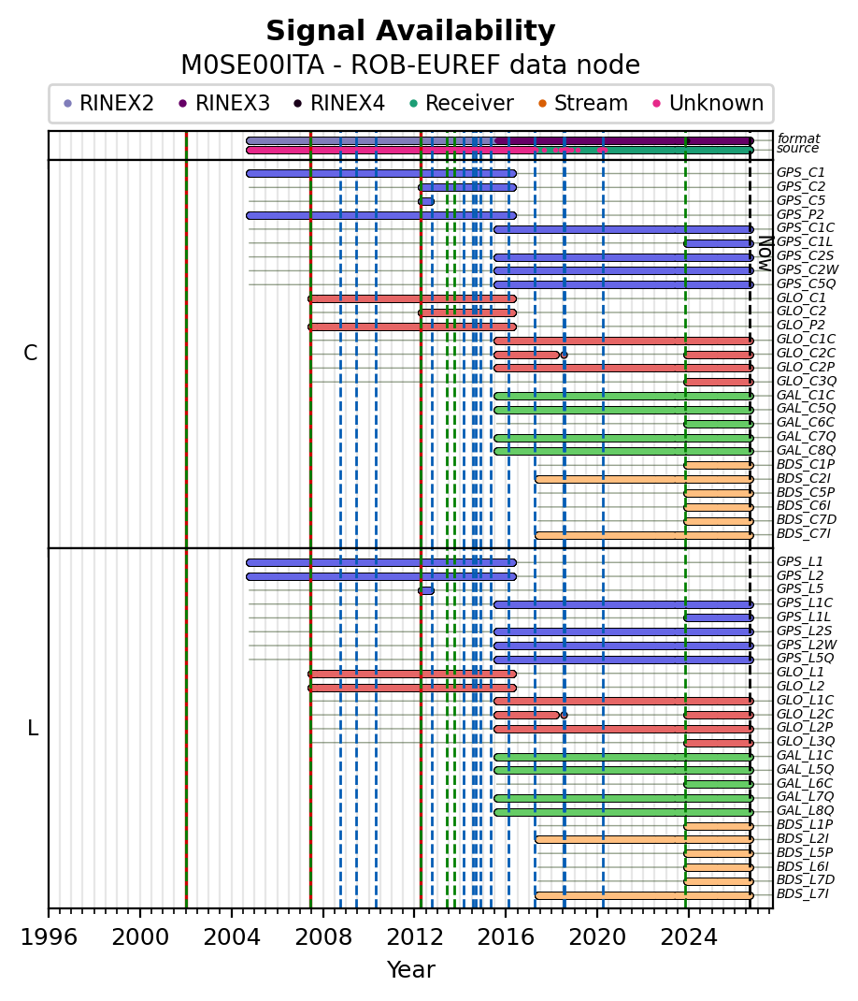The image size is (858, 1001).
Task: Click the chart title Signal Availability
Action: coord(410,31)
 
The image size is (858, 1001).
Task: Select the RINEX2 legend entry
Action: coord(108,103)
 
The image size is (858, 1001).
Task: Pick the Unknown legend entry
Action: coord(708,103)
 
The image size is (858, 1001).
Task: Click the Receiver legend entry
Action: coord(461,103)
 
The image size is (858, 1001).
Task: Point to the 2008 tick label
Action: coord(322,937)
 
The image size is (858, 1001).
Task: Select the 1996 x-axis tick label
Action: coord(50,937)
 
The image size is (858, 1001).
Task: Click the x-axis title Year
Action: coord(411,969)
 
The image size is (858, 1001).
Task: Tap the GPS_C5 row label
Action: coord(801,200)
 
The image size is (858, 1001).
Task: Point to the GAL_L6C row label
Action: coord(805,783)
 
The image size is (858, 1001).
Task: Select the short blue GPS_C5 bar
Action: coord(426,201)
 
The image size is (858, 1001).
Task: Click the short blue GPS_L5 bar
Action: coord(426,590)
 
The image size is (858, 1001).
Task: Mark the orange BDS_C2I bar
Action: coord(644,479)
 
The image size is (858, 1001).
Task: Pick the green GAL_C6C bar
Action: coord(719,423)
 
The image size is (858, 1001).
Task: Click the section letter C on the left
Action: coord(30,353)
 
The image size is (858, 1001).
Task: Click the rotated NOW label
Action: coord(765,254)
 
